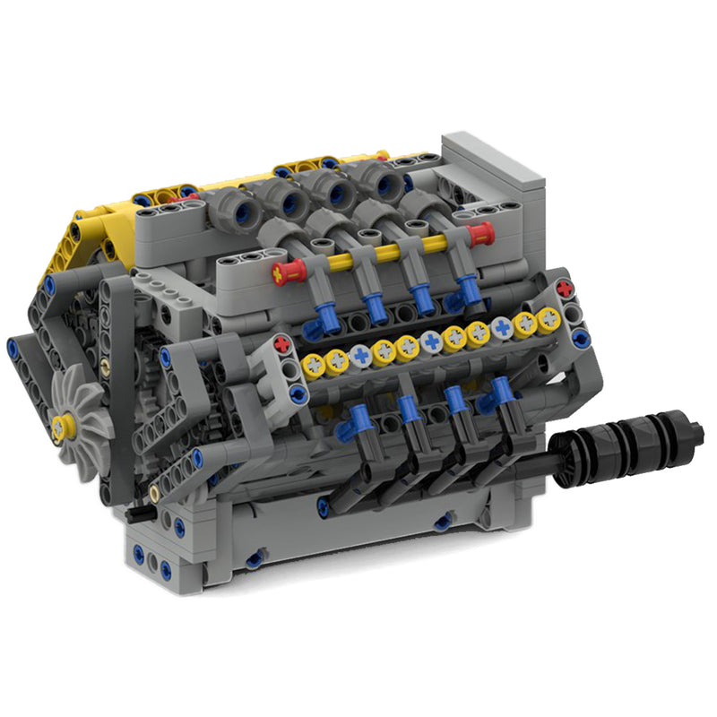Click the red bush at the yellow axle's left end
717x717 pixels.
289,271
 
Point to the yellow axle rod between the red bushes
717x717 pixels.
385,252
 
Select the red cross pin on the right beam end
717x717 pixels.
564,289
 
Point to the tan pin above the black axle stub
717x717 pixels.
154,492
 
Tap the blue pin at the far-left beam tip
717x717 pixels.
13,346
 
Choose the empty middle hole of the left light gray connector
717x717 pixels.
291,368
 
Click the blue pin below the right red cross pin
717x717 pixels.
581,337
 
